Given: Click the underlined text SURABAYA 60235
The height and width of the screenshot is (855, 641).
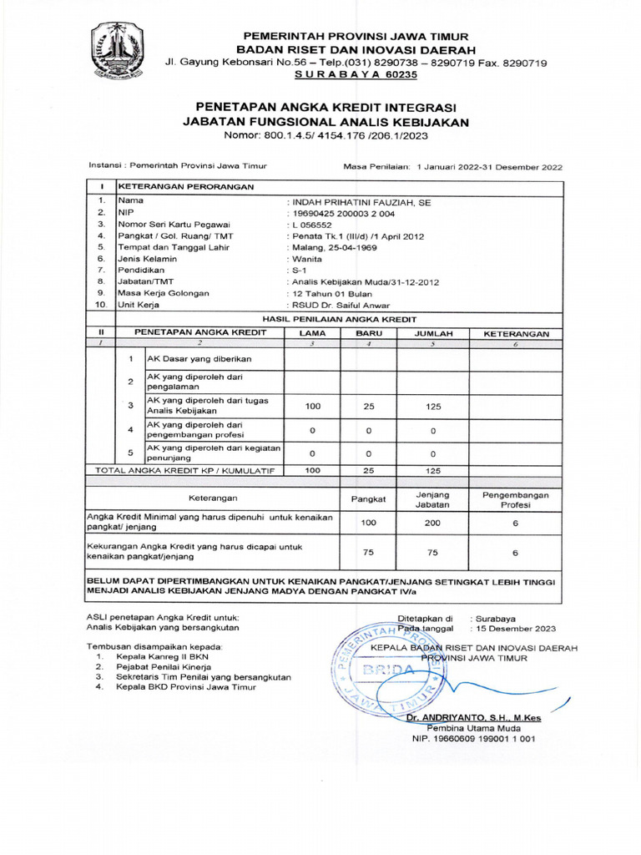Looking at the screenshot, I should click(356, 74).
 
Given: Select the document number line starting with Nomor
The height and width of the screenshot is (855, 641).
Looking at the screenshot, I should click(326, 135).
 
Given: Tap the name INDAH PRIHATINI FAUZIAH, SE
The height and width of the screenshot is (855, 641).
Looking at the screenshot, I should click(359, 202).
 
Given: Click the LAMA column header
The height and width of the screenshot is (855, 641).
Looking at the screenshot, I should click(312, 333).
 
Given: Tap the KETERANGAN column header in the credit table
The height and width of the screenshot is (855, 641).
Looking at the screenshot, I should click(516, 333).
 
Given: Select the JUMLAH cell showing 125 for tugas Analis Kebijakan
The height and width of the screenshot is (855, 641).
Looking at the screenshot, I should click(432, 407).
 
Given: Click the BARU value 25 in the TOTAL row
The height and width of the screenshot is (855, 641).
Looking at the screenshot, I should click(368, 471).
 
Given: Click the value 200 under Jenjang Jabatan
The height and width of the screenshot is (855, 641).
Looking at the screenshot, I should click(432, 523).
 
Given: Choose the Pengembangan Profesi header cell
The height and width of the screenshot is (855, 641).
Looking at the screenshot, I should click(516, 499).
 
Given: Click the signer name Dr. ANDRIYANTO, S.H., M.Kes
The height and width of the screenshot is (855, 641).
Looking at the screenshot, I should click(473, 717).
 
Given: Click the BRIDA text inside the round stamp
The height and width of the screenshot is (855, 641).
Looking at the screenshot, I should click(385, 670).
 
